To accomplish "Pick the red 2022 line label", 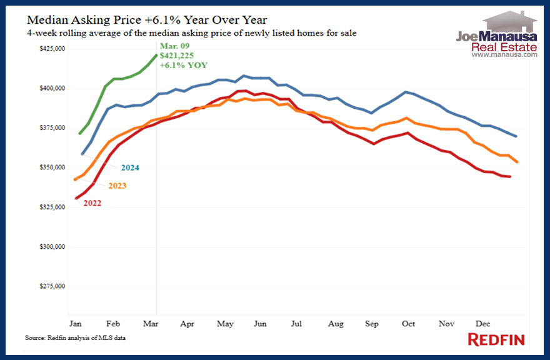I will [x=88, y=202].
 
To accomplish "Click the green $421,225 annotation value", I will [x=176, y=56].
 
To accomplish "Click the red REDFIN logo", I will [x=496, y=339].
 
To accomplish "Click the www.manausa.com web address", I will [x=504, y=55].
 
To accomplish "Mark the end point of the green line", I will [x=156, y=55].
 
